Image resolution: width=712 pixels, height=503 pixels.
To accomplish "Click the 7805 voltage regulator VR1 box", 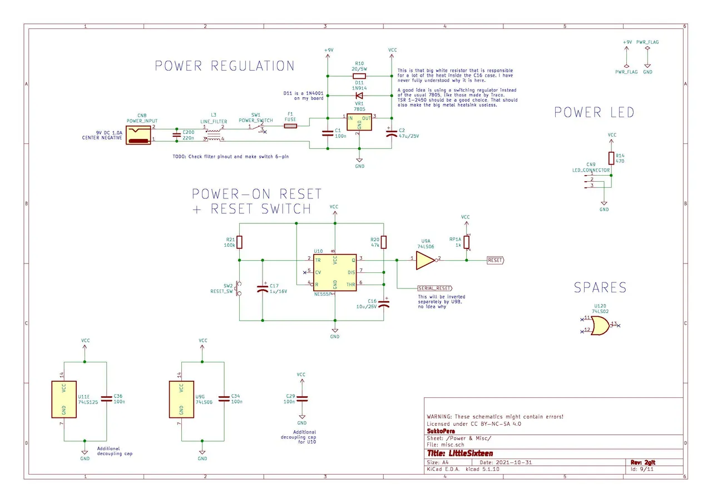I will point(359,122).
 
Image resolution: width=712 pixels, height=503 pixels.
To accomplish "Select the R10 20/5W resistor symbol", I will point(359,76).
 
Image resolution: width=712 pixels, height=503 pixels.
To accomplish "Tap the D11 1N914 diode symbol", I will point(359,95).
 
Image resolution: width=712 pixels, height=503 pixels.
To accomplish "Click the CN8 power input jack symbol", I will point(139,134).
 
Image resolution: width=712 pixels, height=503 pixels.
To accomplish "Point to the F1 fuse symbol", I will point(290,126).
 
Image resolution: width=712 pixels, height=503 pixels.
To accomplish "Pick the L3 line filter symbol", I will point(214,133).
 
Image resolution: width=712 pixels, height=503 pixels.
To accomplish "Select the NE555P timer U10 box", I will point(334,273).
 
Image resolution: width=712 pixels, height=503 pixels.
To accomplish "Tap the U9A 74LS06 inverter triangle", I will point(426,260).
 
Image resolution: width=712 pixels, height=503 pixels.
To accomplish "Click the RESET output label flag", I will point(495,260).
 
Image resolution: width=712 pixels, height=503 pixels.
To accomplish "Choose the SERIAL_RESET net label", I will point(434,288).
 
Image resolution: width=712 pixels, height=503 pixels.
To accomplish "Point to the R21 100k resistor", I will point(239,242).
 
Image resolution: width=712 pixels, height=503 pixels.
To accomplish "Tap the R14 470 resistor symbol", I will point(611,158).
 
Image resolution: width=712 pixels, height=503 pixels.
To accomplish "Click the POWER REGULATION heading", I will point(224,66).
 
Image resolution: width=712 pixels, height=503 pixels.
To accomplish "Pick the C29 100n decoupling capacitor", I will point(302,399).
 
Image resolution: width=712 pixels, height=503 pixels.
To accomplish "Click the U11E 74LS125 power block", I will point(64,399).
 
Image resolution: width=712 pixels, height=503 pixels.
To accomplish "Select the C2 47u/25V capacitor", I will point(391,133).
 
